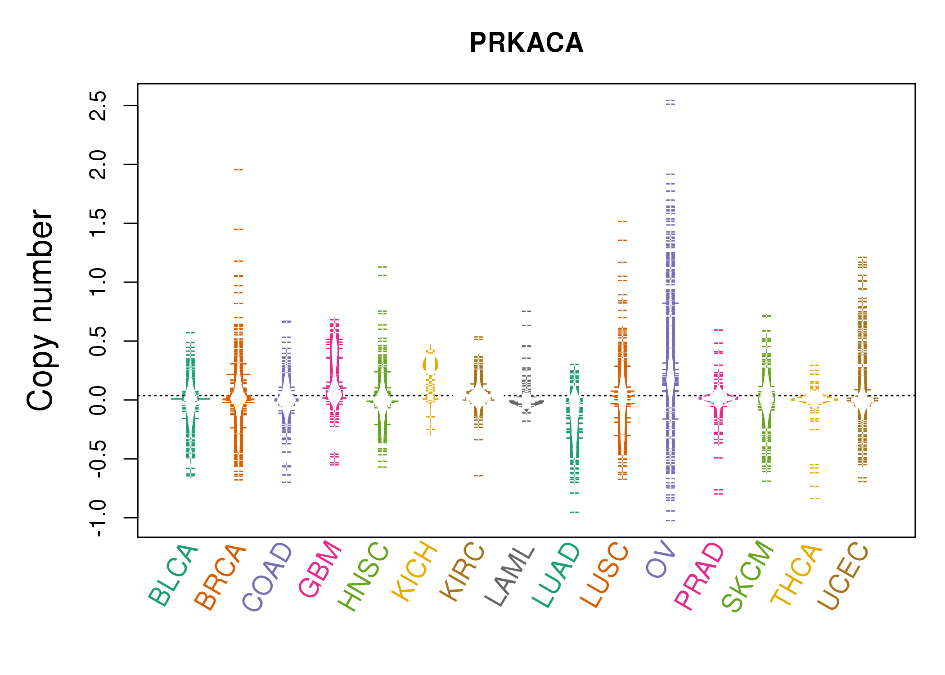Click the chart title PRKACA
(526, 43)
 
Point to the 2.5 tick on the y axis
(98, 106)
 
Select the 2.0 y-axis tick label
(98, 165)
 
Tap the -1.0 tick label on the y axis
(98, 518)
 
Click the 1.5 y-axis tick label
(98, 223)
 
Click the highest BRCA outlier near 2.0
(238, 170)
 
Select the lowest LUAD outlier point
(575, 512)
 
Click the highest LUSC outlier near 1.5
(622, 221)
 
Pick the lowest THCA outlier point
(814, 499)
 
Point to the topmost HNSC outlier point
(382, 267)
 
